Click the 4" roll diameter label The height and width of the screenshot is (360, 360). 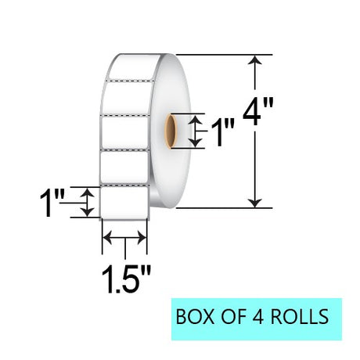click(258, 112)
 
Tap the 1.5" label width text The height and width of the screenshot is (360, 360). click(126, 279)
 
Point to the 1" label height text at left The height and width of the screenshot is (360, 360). click(52, 203)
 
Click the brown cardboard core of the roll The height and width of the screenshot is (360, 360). click(171, 131)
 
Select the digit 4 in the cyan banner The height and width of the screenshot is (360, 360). click(258, 316)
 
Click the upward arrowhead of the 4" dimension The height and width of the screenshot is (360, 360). click(254, 59)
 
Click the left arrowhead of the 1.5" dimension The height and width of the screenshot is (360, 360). click(107, 238)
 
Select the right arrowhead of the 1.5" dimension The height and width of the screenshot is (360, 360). click(142, 238)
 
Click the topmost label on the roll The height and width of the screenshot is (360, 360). click(134, 67)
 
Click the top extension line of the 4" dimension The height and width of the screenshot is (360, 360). click(225, 55)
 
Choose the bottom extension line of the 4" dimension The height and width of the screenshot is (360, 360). click(225, 208)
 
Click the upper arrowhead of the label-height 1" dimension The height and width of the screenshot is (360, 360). click(87, 193)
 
